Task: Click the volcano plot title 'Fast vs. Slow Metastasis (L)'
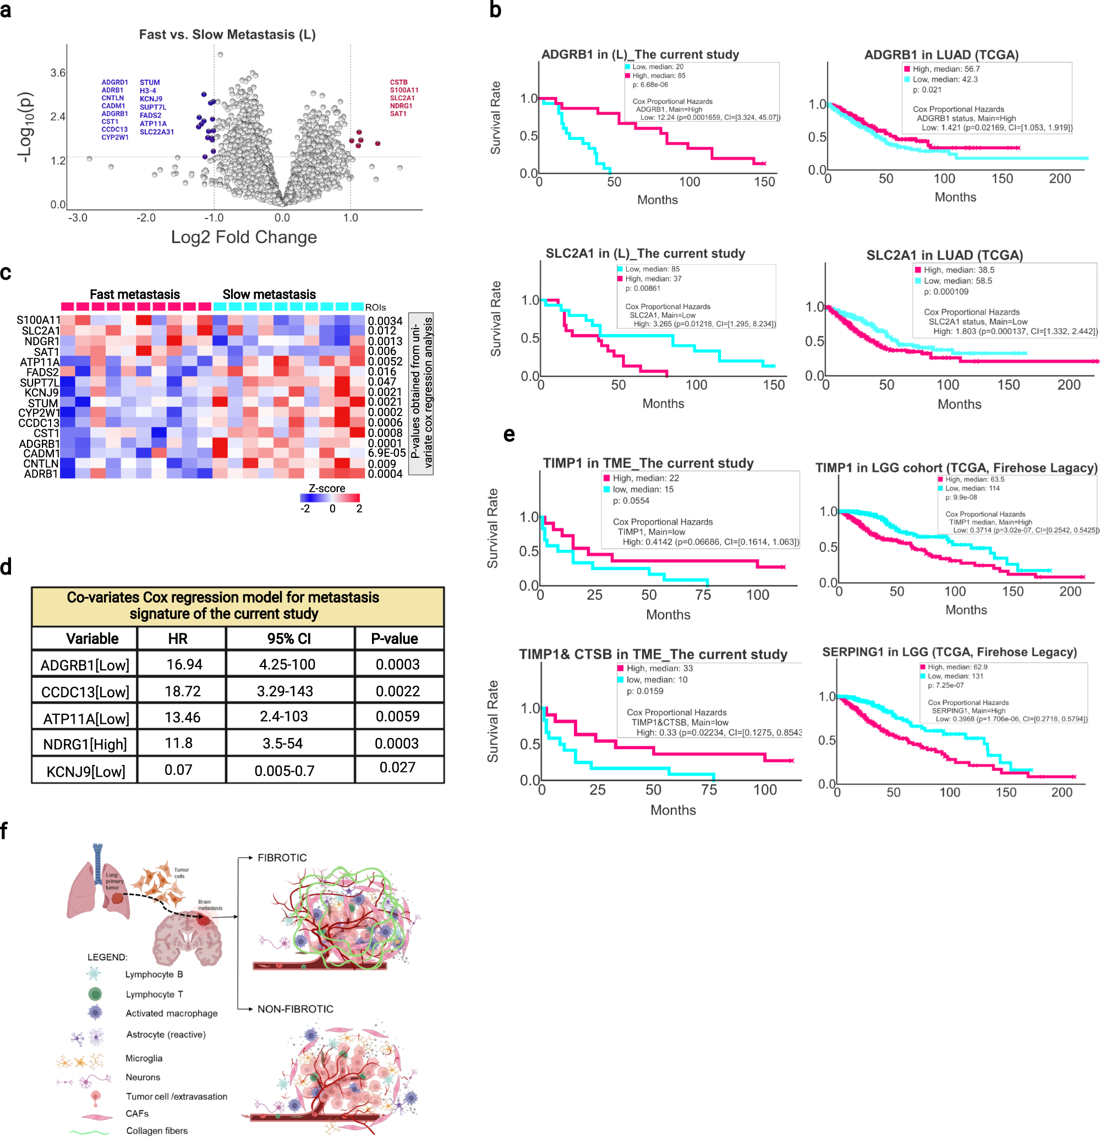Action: (x=227, y=35)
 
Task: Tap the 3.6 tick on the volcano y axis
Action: (x=58, y=73)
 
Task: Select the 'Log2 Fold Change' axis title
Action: (x=244, y=237)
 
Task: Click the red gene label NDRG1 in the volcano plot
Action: (x=401, y=106)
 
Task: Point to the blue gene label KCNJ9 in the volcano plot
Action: (x=151, y=99)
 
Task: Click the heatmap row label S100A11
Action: (x=39, y=320)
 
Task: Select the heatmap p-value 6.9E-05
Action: (x=386, y=453)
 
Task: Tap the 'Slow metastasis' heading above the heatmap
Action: (x=269, y=294)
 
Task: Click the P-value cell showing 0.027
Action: (x=397, y=768)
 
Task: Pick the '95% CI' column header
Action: (x=289, y=639)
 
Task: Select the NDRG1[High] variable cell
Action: (x=85, y=745)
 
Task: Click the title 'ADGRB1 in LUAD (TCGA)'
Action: (x=941, y=55)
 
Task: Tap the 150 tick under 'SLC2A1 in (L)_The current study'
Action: (x=773, y=385)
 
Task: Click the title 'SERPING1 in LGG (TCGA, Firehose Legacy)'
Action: (x=949, y=652)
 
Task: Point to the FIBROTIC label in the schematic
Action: (x=282, y=858)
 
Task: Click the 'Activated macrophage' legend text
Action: (x=172, y=1013)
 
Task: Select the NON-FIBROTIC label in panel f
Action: (x=295, y=1009)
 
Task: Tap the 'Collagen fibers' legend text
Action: (x=157, y=1130)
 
